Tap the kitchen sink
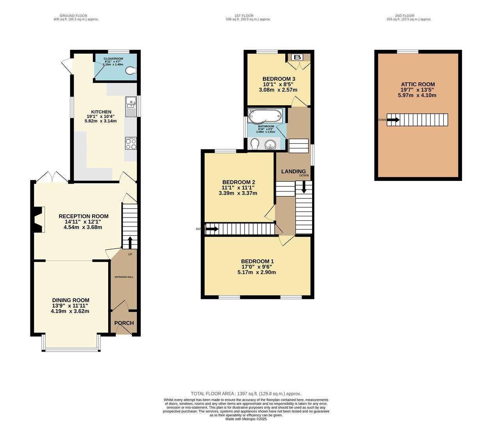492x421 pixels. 130,106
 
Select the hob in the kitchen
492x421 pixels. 131,143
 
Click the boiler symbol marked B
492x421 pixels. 298,57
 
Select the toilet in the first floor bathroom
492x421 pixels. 254,145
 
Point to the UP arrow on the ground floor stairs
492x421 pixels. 130,242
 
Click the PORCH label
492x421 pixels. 124,323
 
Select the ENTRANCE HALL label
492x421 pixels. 124,277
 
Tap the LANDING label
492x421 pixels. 293,172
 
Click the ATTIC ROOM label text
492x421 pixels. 418,84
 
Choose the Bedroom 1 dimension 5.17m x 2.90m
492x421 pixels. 256,272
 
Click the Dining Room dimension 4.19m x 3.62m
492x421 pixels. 70,311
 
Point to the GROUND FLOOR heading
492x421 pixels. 76,16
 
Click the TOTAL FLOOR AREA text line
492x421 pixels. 246,394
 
